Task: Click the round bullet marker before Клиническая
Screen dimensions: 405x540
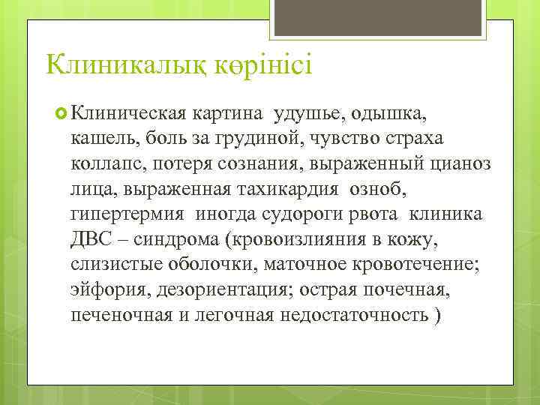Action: pos(62,113)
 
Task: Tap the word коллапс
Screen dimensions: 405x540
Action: pos(105,164)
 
